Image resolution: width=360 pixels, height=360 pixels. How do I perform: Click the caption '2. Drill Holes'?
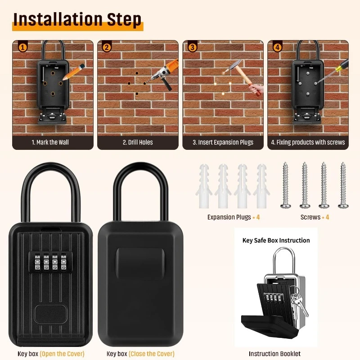(x=138, y=142)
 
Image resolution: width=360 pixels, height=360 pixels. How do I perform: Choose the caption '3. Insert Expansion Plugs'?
(x=223, y=142)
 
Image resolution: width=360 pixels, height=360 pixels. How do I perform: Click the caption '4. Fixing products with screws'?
(x=308, y=142)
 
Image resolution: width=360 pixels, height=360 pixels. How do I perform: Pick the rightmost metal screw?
(x=343, y=184)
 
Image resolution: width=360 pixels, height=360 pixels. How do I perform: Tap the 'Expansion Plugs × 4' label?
(x=234, y=217)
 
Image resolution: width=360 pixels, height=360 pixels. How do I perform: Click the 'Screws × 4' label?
(x=315, y=217)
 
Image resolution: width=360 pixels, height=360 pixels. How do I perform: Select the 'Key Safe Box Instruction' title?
(x=276, y=240)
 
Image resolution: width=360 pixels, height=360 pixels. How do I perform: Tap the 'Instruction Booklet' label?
(x=274, y=354)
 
